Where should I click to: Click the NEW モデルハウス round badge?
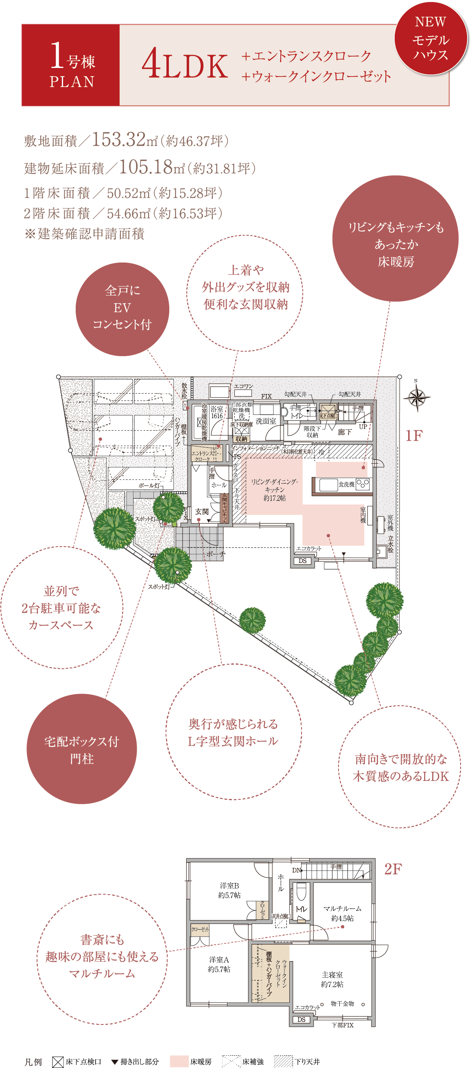(430, 38)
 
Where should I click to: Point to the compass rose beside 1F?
(417, 397)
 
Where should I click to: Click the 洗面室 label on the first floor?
(266, 421)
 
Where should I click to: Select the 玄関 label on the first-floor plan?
(202, 512)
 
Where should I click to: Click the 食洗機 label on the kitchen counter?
(346, 484)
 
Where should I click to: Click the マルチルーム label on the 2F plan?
(342, 908)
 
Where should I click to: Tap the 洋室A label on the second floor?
(219, 959)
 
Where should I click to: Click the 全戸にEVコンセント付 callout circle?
(122, 309)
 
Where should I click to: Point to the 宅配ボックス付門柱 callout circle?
(82, 750)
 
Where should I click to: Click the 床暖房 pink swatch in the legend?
(179, 1061)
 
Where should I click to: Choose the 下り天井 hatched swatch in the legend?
(283, 1061)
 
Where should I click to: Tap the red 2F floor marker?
(392, 869)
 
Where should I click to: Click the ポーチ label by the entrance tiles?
(216, 554)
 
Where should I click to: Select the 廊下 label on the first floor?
(344, 432)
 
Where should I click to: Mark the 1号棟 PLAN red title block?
(71, 65)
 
